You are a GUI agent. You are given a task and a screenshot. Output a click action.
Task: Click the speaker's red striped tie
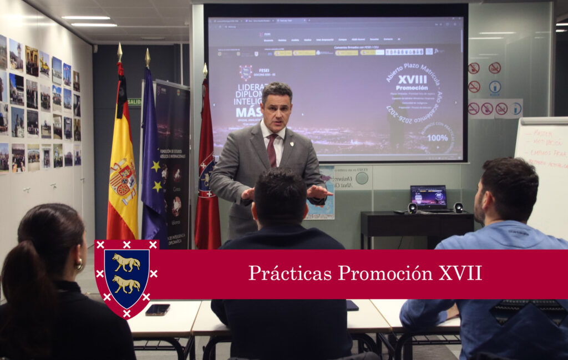click(x=272, y=150)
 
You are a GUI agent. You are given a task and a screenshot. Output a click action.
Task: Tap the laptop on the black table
click(x=429, y=199)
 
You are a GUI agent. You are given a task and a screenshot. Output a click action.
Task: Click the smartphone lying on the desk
click(x=158, y=310)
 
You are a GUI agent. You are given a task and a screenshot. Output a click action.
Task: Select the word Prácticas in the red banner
click(x=290, y=273)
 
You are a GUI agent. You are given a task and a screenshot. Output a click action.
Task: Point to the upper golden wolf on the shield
click(x=126, y=262)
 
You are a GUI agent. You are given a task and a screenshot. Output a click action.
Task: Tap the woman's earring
click(x=79, y=265)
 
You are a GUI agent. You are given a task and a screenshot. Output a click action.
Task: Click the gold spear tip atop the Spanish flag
click(x=120, y=53)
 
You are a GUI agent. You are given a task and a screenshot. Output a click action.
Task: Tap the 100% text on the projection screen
click(x=438, y=137)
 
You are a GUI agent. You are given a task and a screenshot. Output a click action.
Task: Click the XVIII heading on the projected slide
click(x=412, y=79)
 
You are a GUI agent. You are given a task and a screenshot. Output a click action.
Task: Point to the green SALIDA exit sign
click(x=134, y=102)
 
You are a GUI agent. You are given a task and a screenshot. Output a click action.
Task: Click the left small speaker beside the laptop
click(x=412, y=208)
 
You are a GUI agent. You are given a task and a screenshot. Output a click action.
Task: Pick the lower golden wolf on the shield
click(x=126, y=285)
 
